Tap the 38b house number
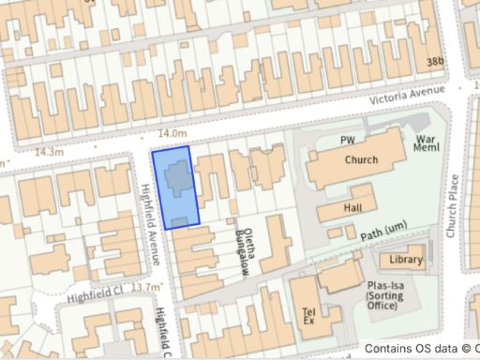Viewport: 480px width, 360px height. pos(434,62)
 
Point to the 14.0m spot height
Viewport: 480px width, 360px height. pos(173,135)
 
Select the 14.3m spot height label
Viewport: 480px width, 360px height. pos(48,151)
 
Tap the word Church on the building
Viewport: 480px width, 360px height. pos(361,159)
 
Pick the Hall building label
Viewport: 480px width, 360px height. pos(353,208)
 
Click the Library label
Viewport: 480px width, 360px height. pos(407,260)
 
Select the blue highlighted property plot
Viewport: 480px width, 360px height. pos(175,187)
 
